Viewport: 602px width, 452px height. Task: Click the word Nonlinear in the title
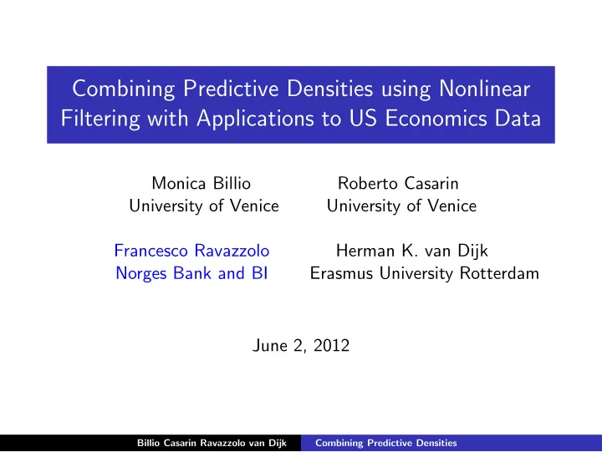(484, 89)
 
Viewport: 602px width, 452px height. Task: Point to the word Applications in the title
(256, 119)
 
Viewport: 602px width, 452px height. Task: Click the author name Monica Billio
(202, 184)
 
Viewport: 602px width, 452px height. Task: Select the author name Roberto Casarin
(398, 184)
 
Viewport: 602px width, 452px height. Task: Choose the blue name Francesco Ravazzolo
(192, 251)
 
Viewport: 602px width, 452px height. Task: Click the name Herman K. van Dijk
(412, 251)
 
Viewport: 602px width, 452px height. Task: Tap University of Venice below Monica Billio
(204, 206)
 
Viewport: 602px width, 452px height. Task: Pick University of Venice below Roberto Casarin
(401, 206)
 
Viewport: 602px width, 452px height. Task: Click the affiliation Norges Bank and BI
(191, 274)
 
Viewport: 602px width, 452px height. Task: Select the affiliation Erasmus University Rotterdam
(425, 273)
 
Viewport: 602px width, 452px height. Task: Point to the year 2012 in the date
(331, 346)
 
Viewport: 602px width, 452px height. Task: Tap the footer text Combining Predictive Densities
(386, 443)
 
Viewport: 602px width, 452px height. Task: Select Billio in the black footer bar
(148, 443)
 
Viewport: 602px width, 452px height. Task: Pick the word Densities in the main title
(329, 89)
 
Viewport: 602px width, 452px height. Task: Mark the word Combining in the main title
(124, 89)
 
